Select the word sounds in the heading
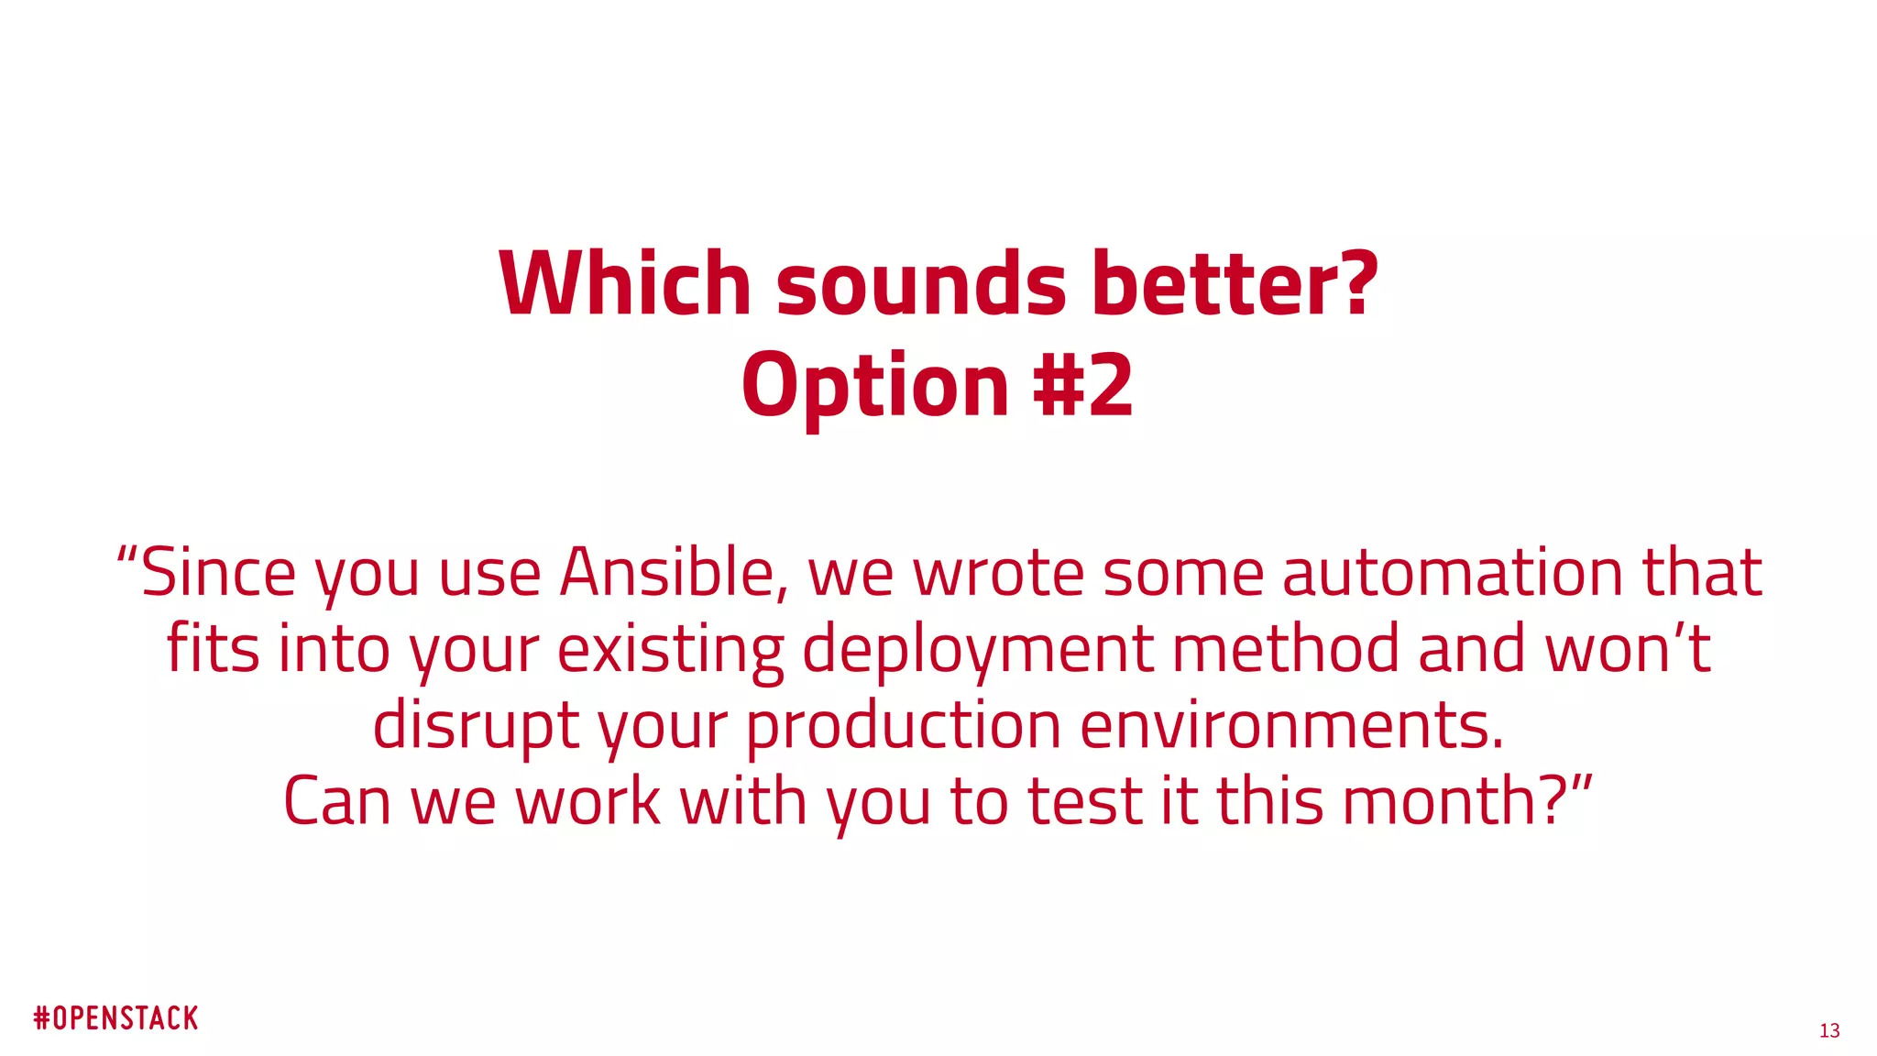[921, 284]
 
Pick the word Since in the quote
[218, 573]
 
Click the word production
[904, 725]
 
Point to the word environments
[1292, 725]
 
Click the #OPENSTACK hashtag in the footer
[116, 1018]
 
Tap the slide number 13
[1829, 1031]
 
